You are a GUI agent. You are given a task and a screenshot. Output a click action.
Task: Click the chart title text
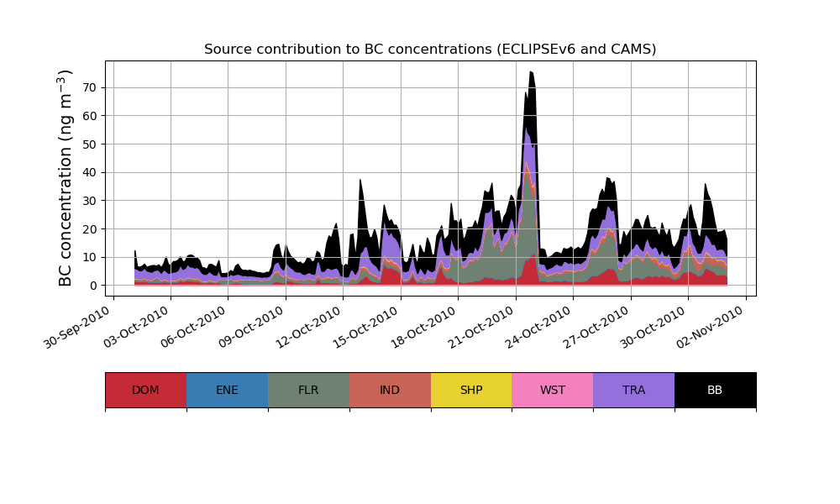430,50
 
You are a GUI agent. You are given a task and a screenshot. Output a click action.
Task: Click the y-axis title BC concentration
66,177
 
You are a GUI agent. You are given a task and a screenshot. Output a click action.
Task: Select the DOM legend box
145,390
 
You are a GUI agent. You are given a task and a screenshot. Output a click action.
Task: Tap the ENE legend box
227,390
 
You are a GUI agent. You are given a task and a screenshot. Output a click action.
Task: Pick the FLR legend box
308,390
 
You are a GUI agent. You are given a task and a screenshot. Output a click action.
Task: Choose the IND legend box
390,390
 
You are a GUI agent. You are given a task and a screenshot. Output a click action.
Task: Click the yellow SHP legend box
471,390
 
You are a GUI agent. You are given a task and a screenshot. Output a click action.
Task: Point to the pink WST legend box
552,390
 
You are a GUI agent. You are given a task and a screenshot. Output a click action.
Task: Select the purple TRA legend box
633,390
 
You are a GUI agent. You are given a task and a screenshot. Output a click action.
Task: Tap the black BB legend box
715,390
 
